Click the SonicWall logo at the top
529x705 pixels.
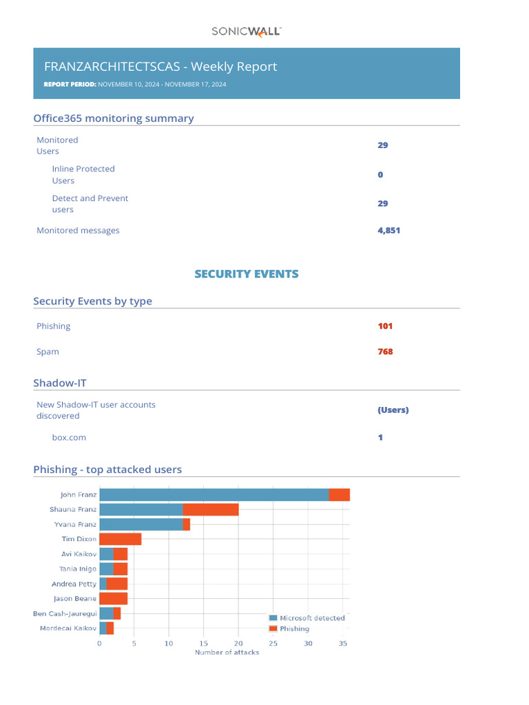[246, 31]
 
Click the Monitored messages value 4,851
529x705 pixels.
[388, 231]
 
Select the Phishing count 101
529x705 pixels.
[385, 326]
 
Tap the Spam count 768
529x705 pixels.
[385, 352]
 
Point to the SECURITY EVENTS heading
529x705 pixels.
[247, 274]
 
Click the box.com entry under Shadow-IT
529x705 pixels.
[69, 437]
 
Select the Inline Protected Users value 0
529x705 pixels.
[380, 175]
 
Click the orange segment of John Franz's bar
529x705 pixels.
[340, 494]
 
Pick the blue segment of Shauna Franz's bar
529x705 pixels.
[141, 509]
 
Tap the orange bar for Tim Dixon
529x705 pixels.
[121, 539]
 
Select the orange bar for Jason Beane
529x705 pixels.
[114, 598]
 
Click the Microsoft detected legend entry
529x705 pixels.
[307, 618]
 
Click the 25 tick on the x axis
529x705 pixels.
[273, 644]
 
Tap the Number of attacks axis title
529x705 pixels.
[227, 652]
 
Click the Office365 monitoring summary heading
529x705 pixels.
[114, 118]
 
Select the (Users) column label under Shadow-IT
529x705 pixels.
[393, 410]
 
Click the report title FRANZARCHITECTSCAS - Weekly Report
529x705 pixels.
[160, 67]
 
